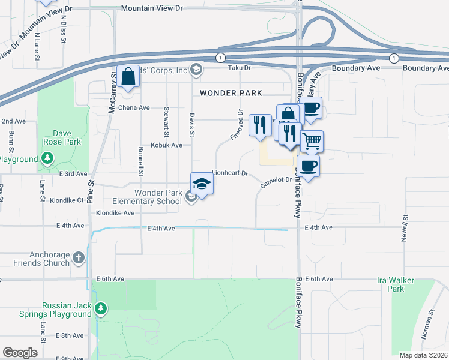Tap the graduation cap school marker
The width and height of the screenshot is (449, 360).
pos(202,184)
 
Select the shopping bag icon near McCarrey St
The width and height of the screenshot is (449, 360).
pos(128,77)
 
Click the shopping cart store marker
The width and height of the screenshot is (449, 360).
pos(312,142)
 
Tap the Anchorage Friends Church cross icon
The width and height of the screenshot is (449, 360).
pos(79,258)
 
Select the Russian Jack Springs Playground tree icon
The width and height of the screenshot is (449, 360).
pos(101,309)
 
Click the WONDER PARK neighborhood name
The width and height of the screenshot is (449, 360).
pos(231,93)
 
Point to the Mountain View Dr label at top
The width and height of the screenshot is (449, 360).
pos(151,8)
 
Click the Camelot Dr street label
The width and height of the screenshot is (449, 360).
pos(276,180)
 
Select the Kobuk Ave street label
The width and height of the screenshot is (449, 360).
pos(166,145)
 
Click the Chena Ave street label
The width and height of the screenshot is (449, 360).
pos(133,108)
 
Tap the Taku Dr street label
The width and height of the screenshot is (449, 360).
pos(238,68)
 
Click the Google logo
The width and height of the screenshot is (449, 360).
pos(20,353)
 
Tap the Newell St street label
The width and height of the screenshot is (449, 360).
pos(406,229)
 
